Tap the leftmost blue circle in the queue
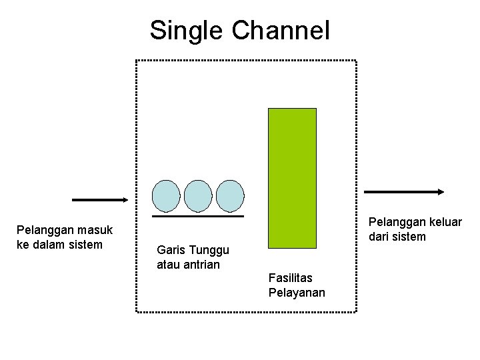(x=166, y=195)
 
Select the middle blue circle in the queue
(x=198, y=195)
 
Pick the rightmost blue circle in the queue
(x=230, y=195)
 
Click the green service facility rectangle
(x=292, y=178)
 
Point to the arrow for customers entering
(x=99, y=199)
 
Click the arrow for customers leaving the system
(x=404, y=192)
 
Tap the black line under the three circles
(x=198, y=216)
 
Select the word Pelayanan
(x=297, y=292)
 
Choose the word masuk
(x=95, y=230)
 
